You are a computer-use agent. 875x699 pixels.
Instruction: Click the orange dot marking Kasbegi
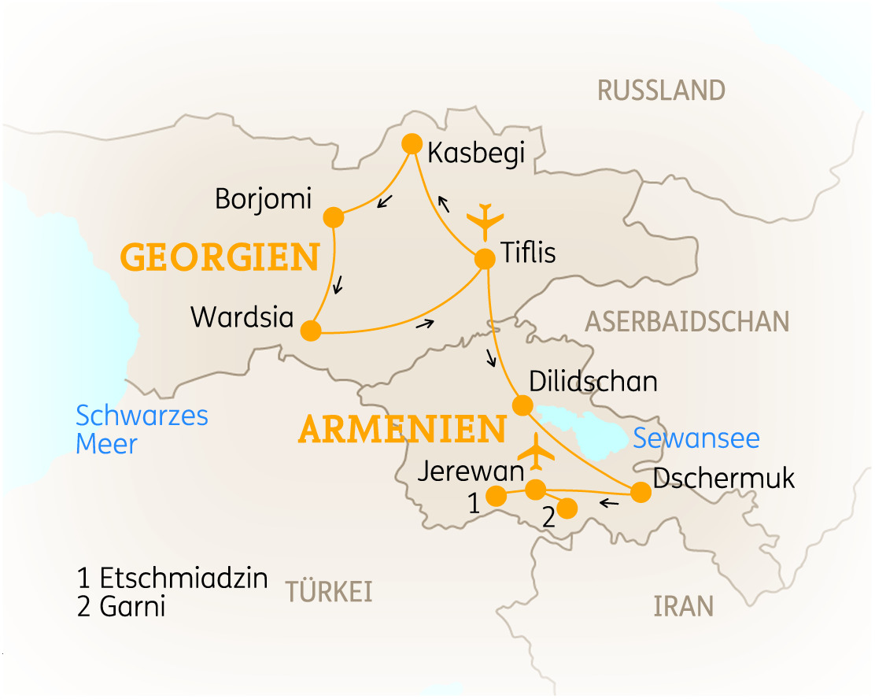coord(412,143)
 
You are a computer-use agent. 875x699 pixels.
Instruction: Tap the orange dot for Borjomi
coord(334,217)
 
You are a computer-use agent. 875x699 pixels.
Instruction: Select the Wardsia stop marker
coord(312,331)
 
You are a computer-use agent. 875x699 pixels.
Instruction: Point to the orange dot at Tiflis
coord(485,257)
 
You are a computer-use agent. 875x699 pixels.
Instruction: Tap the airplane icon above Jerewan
coord(536,451)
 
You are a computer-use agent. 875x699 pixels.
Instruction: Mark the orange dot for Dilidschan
coord(522,405)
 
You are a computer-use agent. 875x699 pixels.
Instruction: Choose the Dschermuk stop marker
coord(641,492)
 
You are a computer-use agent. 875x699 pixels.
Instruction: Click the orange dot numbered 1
coord(497,495)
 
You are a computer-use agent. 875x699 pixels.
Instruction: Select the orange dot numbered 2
coord(567,507)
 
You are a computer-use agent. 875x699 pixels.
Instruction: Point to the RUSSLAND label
coord(661,91)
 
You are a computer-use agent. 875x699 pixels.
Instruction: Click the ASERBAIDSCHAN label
coord(686,321)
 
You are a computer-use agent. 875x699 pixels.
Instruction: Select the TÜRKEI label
coord(329,592)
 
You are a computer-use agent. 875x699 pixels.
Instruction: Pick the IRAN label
coord(683,606)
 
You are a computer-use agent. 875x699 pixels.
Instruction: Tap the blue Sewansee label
coord(696,438)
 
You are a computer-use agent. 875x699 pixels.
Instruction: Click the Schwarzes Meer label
coord(142,429)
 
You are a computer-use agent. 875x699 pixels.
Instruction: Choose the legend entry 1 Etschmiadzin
coord(172,579)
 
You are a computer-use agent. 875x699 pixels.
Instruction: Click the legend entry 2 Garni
coord(121,608)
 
